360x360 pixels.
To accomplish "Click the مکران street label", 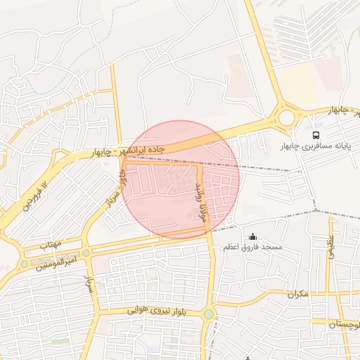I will click(x=297, y=292).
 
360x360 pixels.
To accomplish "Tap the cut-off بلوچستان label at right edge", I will click(x=345, y=324).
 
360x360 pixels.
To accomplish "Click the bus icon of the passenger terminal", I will click(x=316, y=134).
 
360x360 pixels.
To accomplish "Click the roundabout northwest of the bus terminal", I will click(x=285, y=117).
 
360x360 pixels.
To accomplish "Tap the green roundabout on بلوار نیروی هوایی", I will click(x=208, y=314).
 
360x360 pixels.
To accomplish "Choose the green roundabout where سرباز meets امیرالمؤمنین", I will click(x=86, y=252).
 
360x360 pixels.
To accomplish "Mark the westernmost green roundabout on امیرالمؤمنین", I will click(x=25, y=264).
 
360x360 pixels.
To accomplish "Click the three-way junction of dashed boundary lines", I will click(x=316, y=210).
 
